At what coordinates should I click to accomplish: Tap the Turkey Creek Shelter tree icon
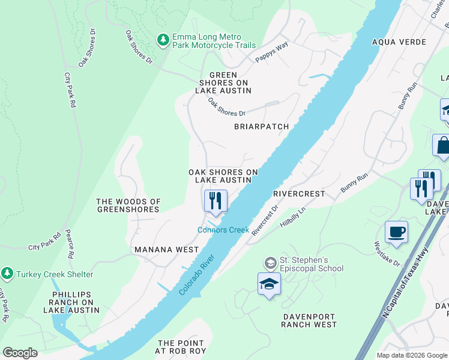tap(7, 274)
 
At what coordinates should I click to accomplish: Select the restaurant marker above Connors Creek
tap(215, 200)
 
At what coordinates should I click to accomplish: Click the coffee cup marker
tap(397, 232)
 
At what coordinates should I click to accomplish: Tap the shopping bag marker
tap(442, 146)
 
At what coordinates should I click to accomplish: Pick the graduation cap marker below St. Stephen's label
tap(269, 284)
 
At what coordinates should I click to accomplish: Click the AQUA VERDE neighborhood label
tap(399, 42)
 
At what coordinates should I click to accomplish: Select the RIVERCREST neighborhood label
tap(298, 194)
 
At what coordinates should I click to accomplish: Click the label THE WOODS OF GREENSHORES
tap(129, 205)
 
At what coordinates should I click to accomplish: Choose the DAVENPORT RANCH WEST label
tap(309, 320)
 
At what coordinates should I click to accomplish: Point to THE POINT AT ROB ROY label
tap(181, 346)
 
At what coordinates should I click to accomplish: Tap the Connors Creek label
tap(223, 230)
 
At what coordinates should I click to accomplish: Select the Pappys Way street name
tap(271, 52)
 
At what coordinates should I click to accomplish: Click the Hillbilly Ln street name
tap(294, 218)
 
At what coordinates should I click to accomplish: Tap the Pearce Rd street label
tap(70, 243)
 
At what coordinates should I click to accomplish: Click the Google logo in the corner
tap(20, 352)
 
